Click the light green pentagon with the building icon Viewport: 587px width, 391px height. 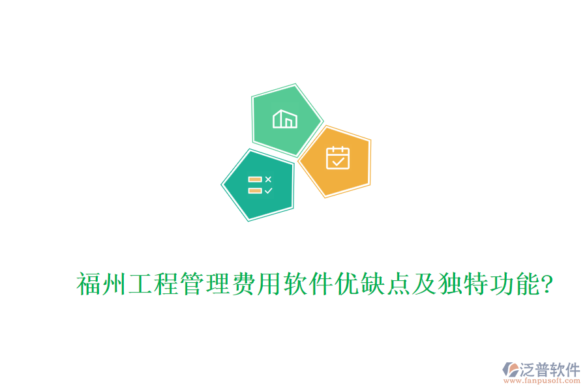[x=286, y=119]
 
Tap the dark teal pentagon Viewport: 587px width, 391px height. [x=259, y=184]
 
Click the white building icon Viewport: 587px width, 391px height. [x=285, y=119]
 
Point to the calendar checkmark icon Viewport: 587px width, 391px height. [x=338, y=158]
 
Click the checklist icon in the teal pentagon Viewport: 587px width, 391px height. [x=260, y=184]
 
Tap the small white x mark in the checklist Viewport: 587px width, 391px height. [x=268, y=179]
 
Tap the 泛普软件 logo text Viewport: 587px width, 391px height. [x=550, y=369]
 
